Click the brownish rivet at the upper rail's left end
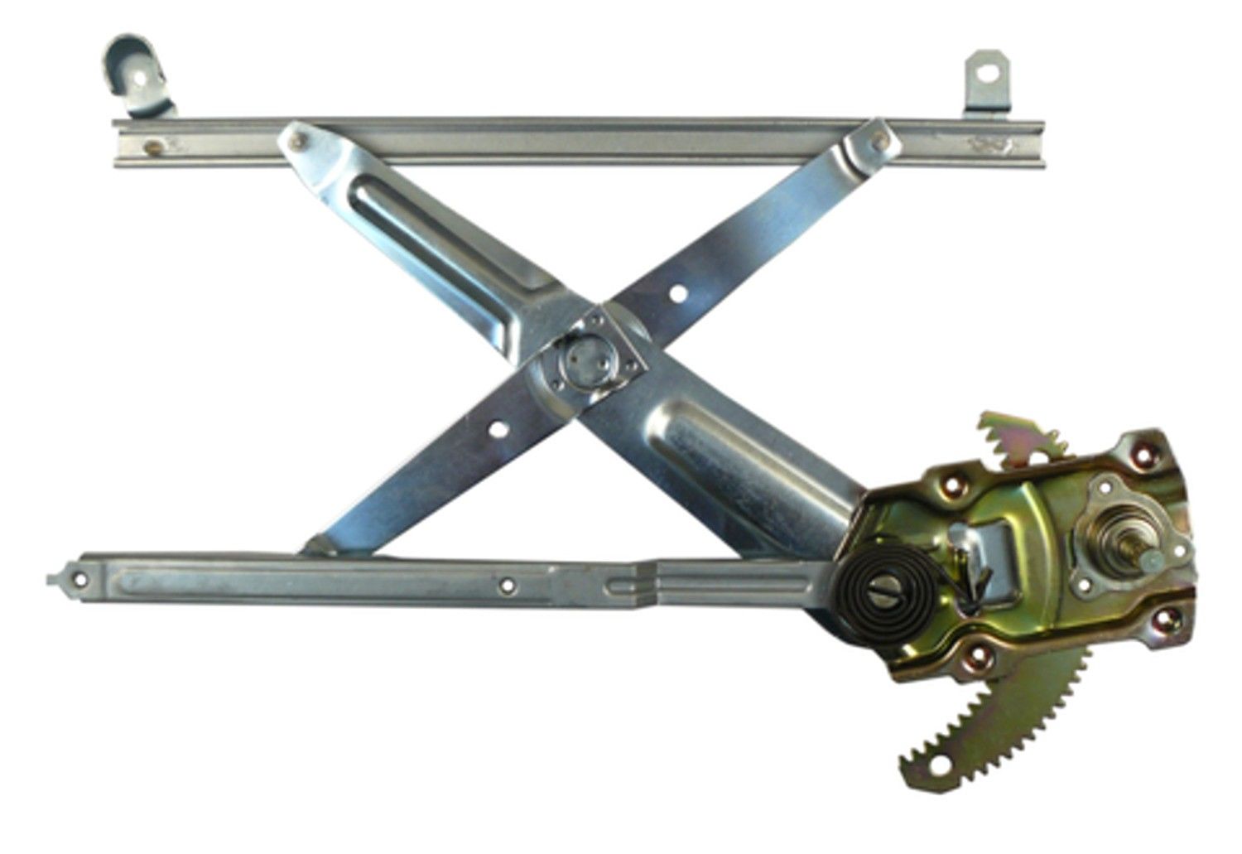154,147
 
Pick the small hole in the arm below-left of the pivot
498,430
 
